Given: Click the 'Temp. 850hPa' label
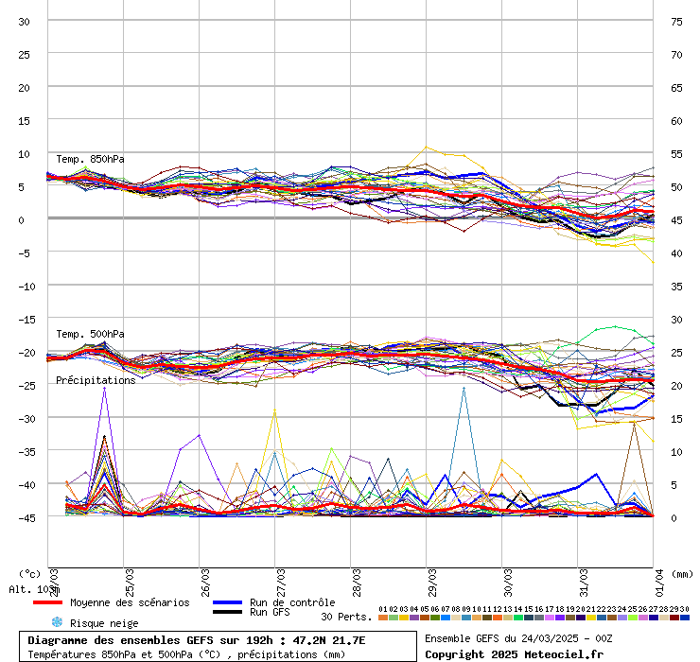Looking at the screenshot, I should (x=90, y=159).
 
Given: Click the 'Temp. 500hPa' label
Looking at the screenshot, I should (x=90, y=334).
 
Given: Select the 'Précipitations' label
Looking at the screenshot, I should (x=96, y=380).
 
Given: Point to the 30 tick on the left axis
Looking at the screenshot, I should (x=25, y=21).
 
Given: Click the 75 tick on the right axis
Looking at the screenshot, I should (x=676, y=21).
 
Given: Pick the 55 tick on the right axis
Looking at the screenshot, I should (x=676, y=153).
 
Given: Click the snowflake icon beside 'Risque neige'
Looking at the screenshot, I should (x=57, y=622).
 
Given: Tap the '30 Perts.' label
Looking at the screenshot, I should (x=346, y=617).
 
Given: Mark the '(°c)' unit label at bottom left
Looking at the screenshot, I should (x=30, y=573).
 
